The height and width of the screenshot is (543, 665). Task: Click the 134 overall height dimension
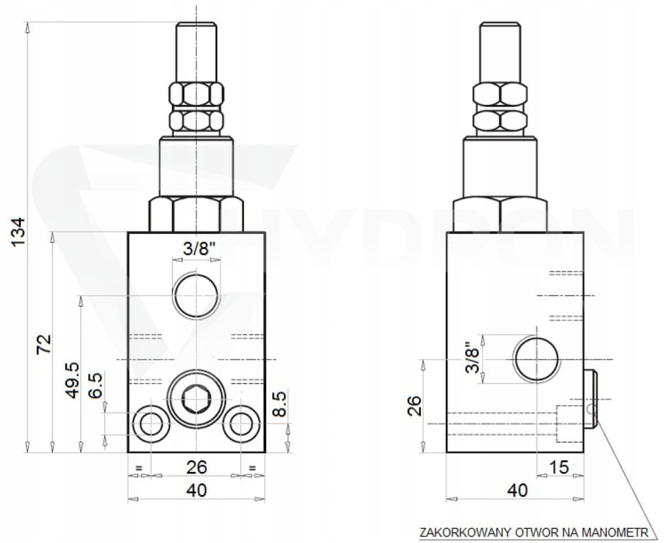click(x=18, y=232)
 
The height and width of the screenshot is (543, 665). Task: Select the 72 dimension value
click(x=43, y=344)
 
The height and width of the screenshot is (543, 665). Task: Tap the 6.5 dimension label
click(x=95, y=385)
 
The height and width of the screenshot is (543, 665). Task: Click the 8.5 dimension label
click(x=280, y=405)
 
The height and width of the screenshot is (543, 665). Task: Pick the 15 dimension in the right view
click(x=558, y=467)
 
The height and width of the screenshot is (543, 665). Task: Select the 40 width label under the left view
click(x=197, y=490)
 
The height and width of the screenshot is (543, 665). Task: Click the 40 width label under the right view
click(x=517, y=490)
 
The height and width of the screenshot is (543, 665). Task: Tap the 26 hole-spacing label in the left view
click(x=197, y=467)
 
